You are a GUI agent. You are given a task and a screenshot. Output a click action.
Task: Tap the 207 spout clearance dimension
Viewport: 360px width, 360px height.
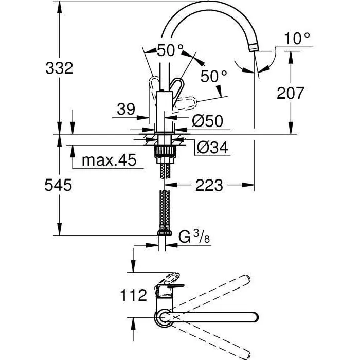[x=291, y=93]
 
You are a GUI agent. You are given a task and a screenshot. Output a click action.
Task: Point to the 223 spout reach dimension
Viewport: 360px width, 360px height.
[x=210, y=185]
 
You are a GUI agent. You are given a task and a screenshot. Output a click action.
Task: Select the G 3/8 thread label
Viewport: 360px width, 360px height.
[x=191, y=238]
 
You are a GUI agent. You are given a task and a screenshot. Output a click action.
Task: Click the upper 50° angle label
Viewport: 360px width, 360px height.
[x=170, y=50]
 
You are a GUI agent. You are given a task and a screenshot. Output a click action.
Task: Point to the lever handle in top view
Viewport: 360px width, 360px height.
[x=169, y=281]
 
